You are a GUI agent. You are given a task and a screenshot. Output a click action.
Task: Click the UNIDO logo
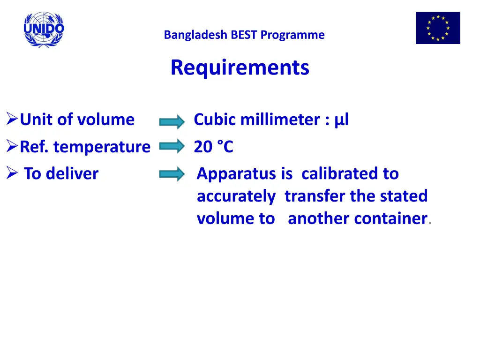point(44,29)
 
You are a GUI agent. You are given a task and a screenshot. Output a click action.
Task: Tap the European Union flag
point(438,28)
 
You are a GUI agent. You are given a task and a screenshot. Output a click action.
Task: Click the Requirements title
point(240,67)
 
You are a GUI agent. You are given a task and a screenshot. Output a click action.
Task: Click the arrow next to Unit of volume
point(172,122)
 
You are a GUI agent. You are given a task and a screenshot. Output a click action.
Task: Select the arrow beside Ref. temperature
point(172,148)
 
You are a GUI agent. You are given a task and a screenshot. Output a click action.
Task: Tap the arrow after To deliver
point(172,175)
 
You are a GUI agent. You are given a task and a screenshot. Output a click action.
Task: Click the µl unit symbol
point(342,120)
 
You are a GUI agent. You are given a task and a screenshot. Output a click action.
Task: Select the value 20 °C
point(213,147)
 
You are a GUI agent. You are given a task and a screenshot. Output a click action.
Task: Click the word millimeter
point(279,120)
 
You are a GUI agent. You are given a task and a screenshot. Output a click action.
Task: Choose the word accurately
point(236,196)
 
